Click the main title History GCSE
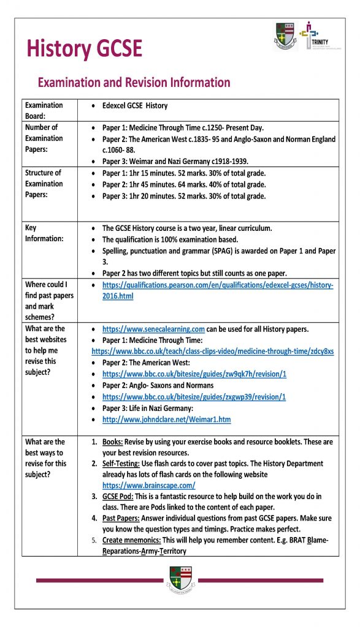(84, 48)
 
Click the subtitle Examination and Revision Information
(134, 83)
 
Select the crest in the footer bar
(180, 579)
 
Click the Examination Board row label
(44, 111)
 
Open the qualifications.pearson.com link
(218, 291)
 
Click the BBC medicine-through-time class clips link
(212, 351)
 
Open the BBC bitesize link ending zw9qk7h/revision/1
(194, 374)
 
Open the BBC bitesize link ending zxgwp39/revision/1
(194, 396)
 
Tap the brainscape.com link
(144, 486)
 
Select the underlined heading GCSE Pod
(120, 497)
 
